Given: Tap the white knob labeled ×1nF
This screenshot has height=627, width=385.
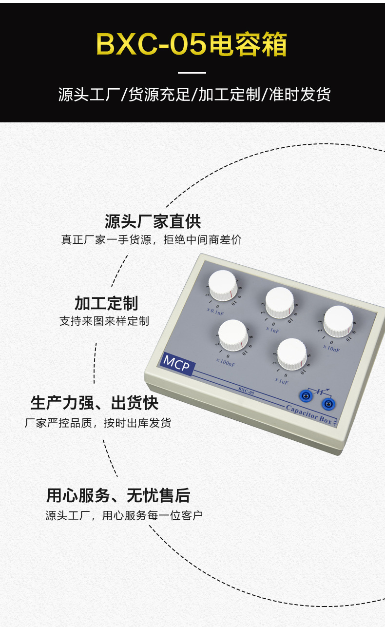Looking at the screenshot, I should [280, 302].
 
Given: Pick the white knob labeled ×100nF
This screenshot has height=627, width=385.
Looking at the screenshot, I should [233, 335].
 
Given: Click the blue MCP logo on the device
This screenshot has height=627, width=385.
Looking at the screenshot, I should [176, 363].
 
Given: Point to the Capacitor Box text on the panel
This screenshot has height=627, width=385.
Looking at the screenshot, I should [309, 413].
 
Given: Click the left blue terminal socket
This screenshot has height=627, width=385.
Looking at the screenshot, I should [308, 395].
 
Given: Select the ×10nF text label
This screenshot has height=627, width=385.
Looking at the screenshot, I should [331, 349].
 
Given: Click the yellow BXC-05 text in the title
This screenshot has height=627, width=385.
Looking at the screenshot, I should [151, 44].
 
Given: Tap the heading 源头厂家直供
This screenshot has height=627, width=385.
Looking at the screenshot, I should [153, 221].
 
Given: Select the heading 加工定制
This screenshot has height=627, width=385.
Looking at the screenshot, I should [106, 303].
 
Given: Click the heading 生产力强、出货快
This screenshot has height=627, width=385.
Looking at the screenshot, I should [94, 403].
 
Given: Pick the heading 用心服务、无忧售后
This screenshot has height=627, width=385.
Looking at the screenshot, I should [118, 495].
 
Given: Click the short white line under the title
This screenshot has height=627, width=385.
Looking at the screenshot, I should [192, 73].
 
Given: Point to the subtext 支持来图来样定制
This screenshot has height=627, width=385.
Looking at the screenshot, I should [104, 321].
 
